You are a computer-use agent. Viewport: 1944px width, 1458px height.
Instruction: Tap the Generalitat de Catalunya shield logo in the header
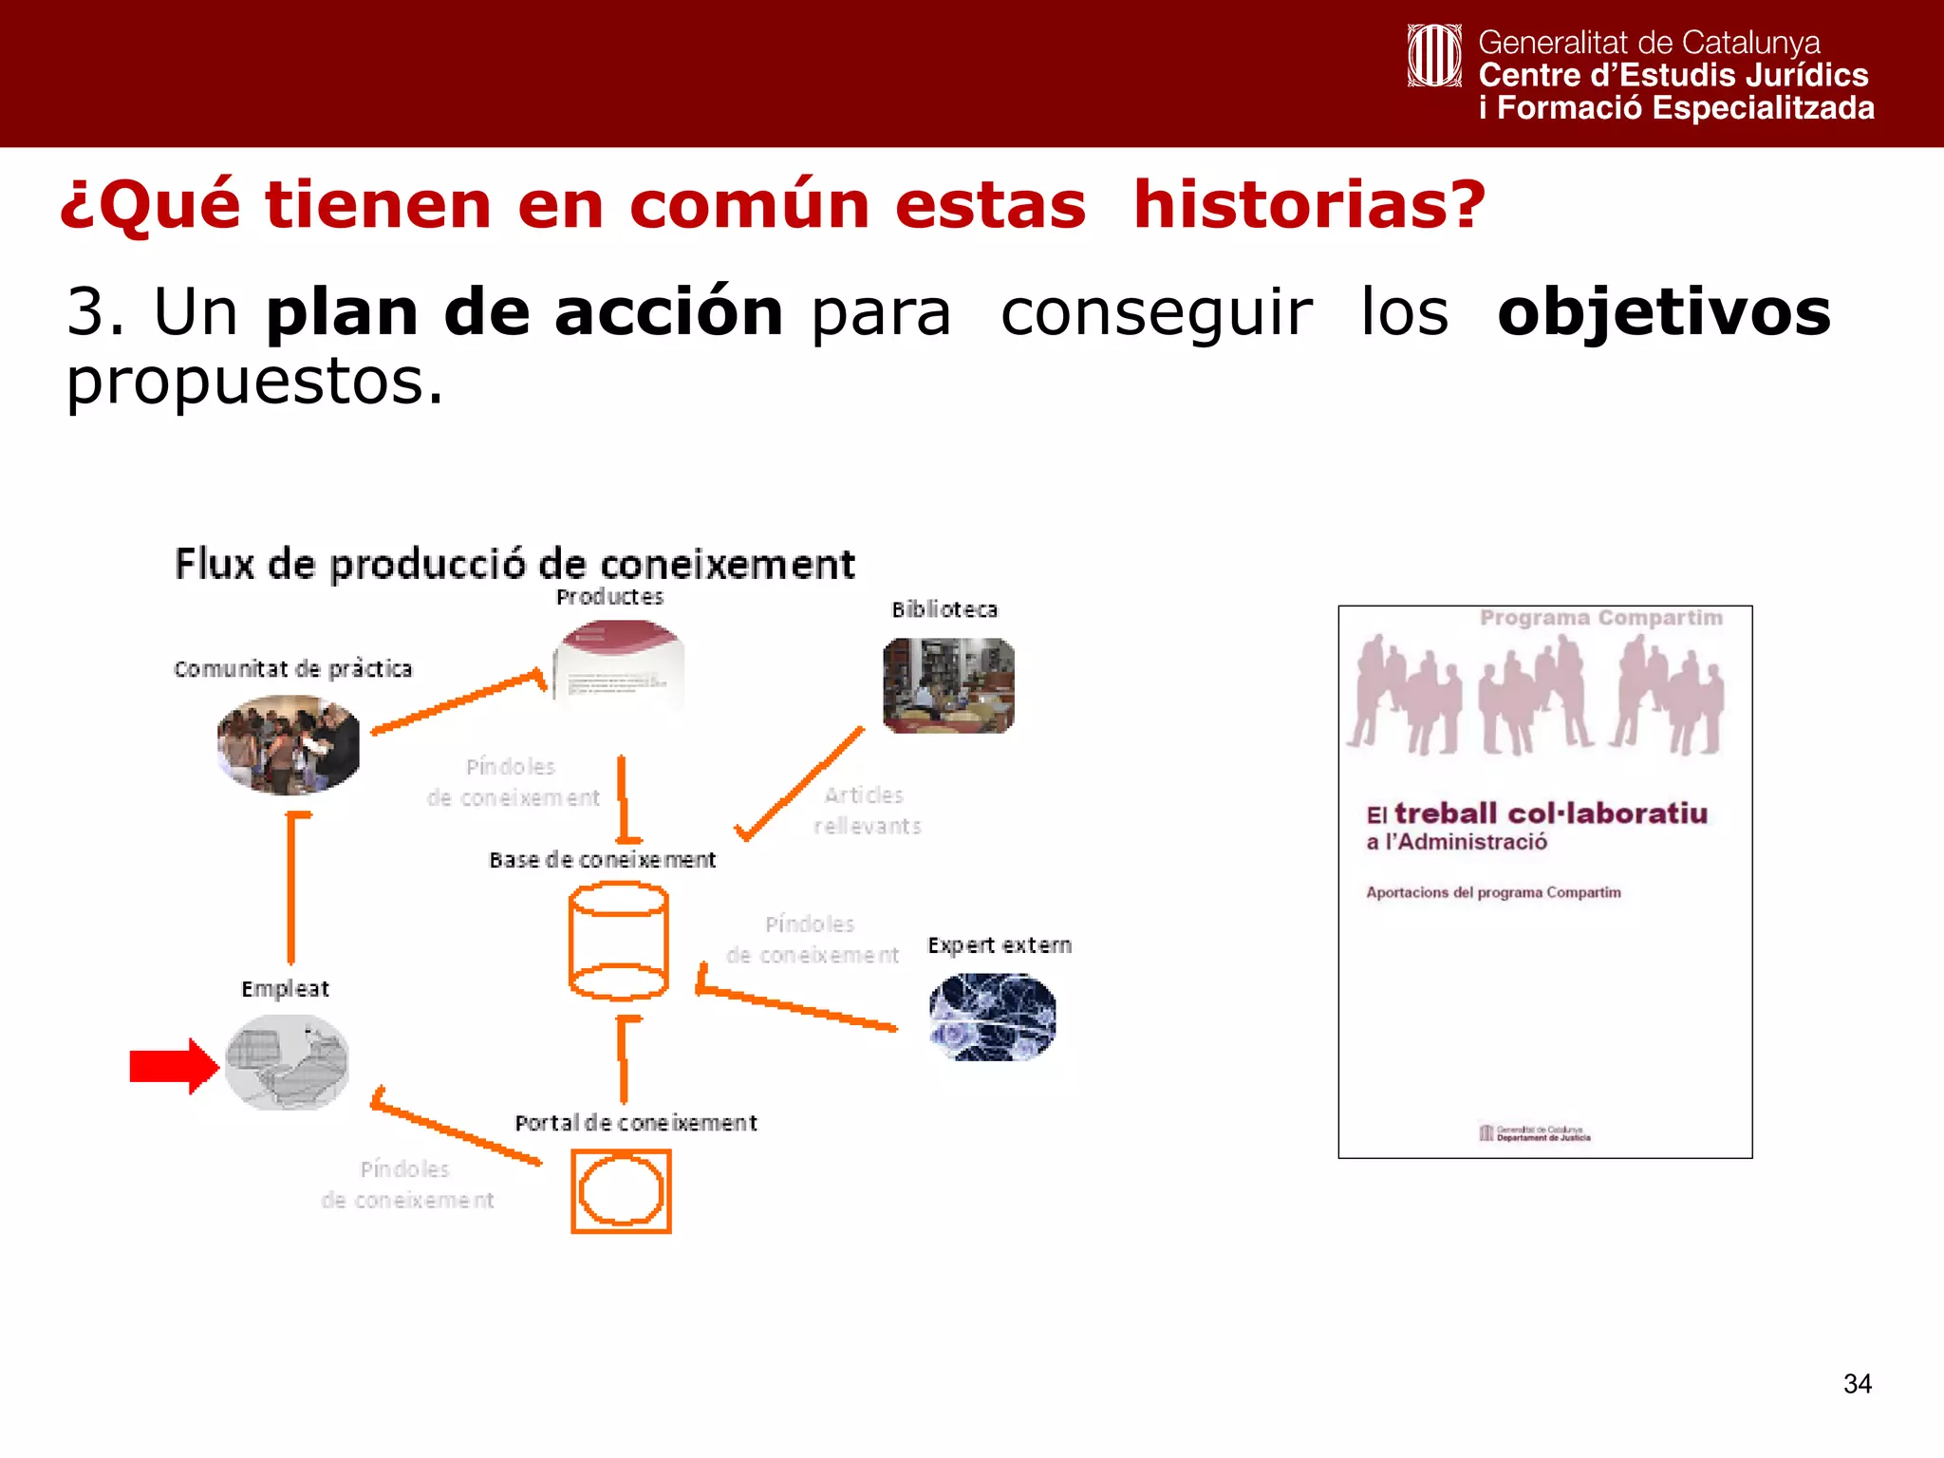pos(1433,56)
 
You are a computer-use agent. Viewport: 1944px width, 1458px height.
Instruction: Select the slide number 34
pos(1857,1384)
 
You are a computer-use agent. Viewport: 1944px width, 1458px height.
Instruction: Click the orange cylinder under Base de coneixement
pos(618,941)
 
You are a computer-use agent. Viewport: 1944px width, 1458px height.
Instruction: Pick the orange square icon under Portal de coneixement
pos(621,1191)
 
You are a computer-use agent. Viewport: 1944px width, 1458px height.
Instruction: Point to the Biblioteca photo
pos(948,685)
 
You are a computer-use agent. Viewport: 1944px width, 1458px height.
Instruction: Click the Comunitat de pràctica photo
pos(289,745)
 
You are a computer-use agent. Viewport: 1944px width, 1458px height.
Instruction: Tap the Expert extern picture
pos(993,1018)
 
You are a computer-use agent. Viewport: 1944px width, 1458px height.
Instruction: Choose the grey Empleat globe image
pos(287,1062)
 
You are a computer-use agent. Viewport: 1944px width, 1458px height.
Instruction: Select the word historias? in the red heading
pos(1309,205)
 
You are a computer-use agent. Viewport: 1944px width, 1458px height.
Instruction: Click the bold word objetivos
pos(1663,312)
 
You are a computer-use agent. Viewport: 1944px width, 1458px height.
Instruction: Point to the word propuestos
pos(254,383)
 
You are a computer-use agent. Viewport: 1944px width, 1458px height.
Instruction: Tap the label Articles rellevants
pos(867,811)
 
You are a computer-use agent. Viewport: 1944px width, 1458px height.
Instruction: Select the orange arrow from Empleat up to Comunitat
pos(291,888)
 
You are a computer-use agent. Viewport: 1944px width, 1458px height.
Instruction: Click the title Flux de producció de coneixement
pos(514,565)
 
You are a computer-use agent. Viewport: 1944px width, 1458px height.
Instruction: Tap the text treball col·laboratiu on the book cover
pos(1550,813)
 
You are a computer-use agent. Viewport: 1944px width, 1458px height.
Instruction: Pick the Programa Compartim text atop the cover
pos(1600,618)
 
